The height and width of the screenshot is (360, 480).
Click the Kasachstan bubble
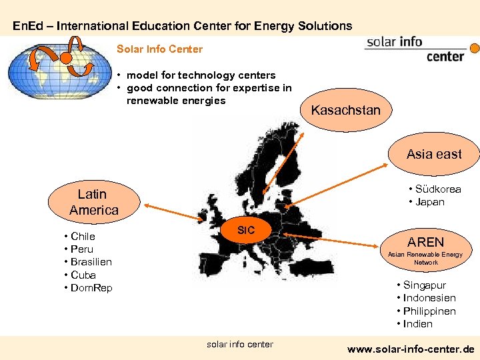(x=345, y=110)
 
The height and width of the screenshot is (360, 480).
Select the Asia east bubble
(x=434, y=154)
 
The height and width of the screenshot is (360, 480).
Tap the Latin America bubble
(x=93, y=201)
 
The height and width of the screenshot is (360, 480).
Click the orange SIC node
(x=246, y=230)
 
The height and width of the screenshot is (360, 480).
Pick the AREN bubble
(x=426, y=247)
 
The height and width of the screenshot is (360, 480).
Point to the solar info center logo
(x=417, y=49)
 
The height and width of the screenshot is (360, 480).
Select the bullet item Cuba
(x=83, y=275)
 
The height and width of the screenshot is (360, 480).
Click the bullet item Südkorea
(x=437, y=189)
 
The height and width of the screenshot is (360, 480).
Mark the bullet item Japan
(x=429, y=202)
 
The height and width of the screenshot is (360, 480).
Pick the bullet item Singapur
(x=424, y=285)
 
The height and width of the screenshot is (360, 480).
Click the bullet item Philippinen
(x=429, y=311)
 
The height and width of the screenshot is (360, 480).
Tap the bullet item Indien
(x=417, y=324)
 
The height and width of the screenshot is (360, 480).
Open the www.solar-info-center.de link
(x=411, y=349)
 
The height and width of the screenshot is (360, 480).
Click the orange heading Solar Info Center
(x=159, y=49)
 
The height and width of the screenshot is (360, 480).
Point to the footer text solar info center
(x=239, y=344)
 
